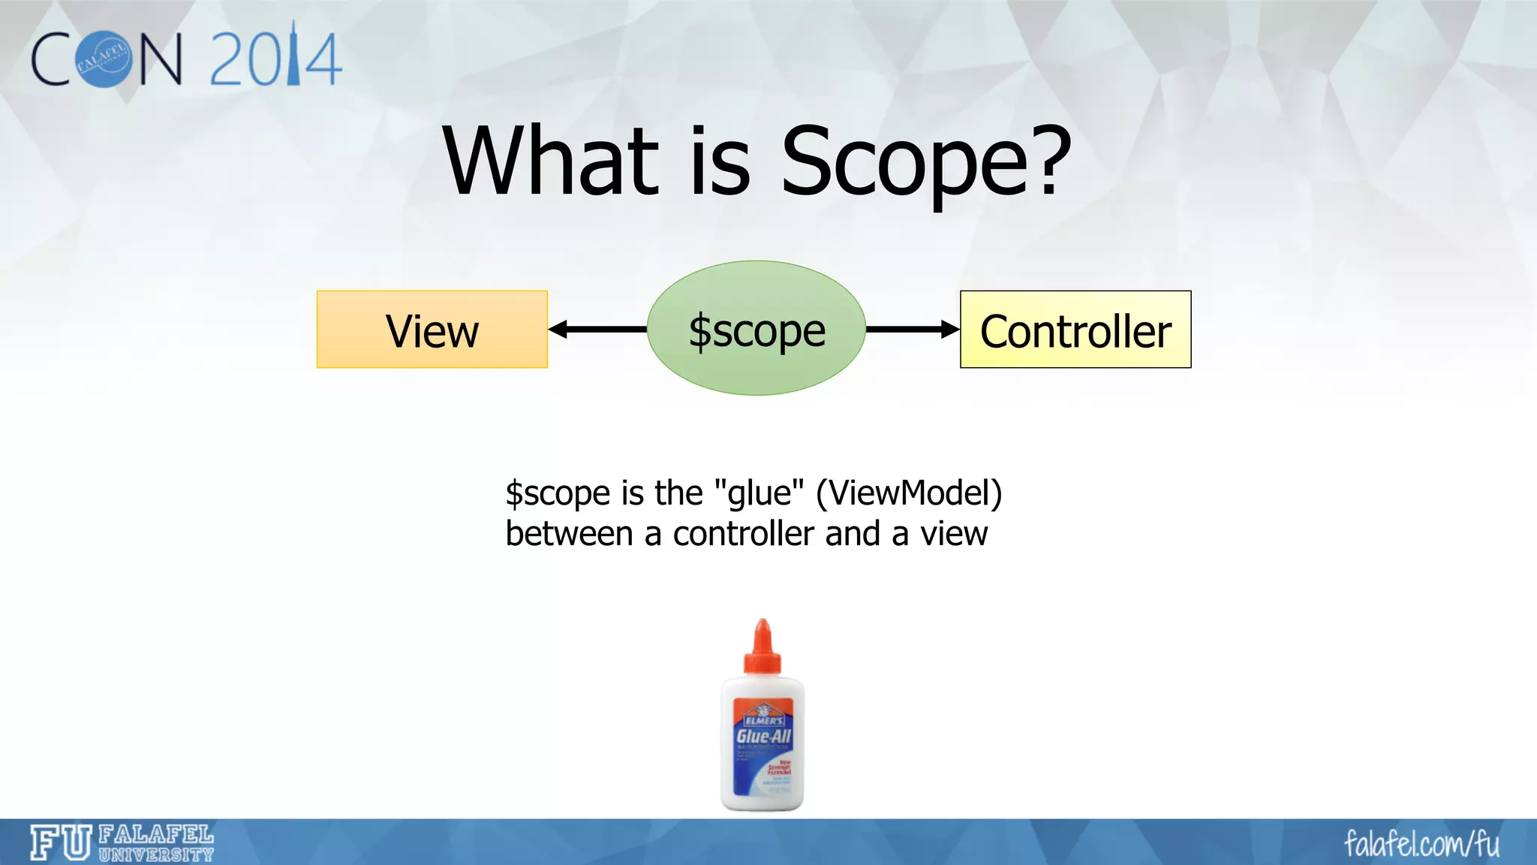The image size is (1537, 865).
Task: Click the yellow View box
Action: (x=432, y=330)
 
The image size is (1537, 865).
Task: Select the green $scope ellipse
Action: (x=756, y=329)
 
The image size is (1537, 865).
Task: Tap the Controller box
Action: (x=1075, y=330)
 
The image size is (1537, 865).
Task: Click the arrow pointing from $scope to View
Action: (x=597, y=329)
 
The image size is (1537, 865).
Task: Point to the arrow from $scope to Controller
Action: (x=913, y=329)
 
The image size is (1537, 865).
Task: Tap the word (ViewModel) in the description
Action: (x=909, y=493)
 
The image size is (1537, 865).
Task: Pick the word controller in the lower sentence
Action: (x=742, y=534)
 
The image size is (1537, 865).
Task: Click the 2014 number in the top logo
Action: (x=275, y=59)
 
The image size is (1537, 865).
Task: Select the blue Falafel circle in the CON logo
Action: (x=104, y=59)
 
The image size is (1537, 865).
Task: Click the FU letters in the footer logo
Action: (x=61, y=842)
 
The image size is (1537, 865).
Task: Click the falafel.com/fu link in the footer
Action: (x=1421, y=843)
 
